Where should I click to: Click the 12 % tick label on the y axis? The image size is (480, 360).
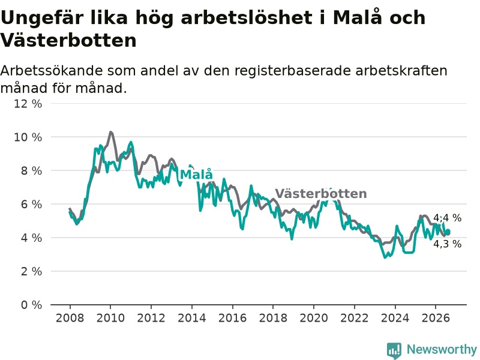point(28,104)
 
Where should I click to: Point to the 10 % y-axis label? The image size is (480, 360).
point(28,137)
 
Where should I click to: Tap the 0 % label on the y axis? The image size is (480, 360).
point(31,305)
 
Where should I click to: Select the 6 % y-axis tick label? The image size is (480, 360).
point(31,204)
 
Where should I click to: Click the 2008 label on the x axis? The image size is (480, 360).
point(70,318)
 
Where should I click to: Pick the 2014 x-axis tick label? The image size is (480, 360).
point(191,318)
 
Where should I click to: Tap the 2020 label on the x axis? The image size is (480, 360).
point(313,318)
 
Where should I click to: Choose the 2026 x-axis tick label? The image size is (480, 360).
point(436,318)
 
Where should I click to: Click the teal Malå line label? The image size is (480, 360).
point(196,174)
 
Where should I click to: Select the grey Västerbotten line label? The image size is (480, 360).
point(321,193)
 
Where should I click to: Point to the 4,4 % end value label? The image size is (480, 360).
point(447,218)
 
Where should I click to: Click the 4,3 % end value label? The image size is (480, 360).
point(447,244)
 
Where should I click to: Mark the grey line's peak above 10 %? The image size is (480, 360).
point(111,132)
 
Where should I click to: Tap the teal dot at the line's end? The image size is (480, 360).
point(448,232)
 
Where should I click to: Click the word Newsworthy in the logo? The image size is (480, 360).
point(442,349)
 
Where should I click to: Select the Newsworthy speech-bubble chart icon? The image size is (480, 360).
point(394,350)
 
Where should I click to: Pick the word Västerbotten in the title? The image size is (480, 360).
point(68,40)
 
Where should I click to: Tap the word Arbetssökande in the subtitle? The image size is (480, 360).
point(52,71)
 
